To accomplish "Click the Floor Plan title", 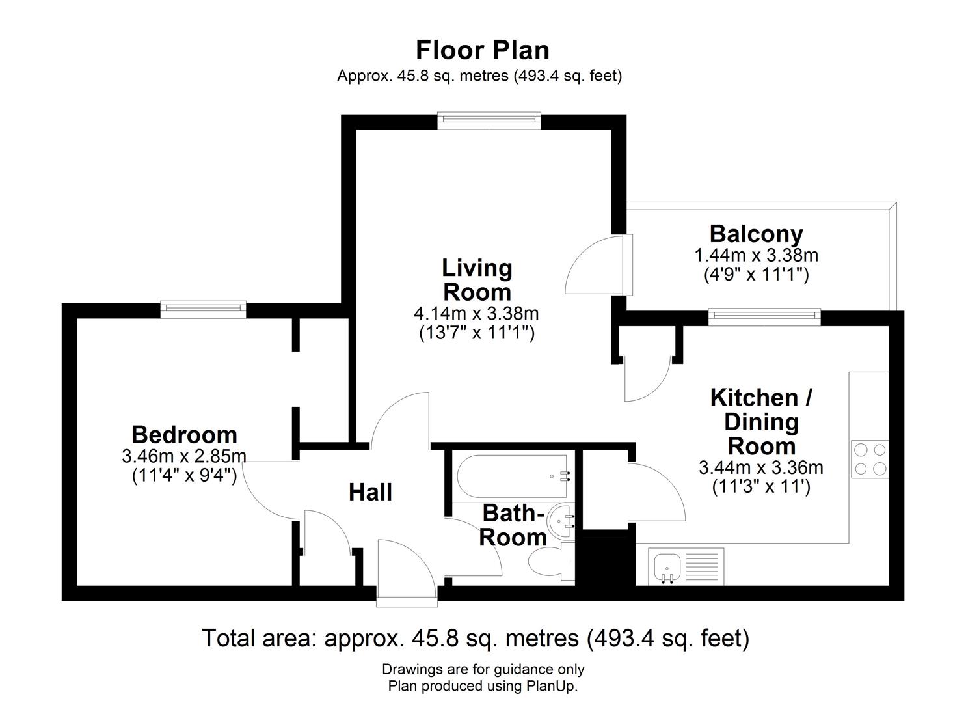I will pos(482,50).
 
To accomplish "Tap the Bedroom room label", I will pos(184,434).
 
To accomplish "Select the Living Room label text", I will pos(477,279).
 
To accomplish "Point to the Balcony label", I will pos(756,234).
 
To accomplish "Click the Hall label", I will pos(370,492).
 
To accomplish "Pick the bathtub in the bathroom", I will pos(512,477).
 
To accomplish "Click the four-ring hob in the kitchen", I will pos(869,459).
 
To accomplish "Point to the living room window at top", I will pos(489,120).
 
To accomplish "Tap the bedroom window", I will pos(203,310).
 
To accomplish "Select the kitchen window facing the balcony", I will pos(764,317).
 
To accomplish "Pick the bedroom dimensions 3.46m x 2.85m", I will pos(184,456).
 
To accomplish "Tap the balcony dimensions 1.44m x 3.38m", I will pos(756,255).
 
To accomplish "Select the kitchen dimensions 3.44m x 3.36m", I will pos(760,467).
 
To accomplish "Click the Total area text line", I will pos(476,638).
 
